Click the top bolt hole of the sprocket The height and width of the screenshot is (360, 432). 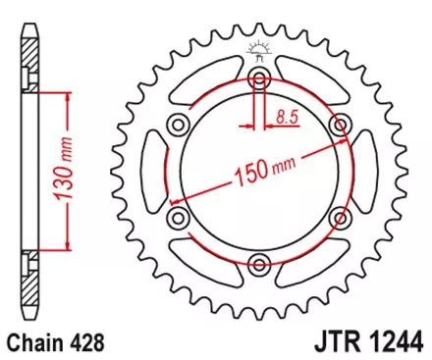click(259, 79)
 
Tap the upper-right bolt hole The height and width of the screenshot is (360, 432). click(340, 124)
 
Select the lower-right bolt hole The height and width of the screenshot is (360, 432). click(340, 217)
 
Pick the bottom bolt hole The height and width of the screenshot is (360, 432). click(259, 262)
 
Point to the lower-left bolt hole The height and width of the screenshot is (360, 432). click(178, 217)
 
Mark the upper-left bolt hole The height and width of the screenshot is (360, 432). click(178, 124)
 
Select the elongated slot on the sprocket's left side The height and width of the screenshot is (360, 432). click(153, 170)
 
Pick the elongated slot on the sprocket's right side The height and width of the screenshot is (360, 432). click(365, 170)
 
